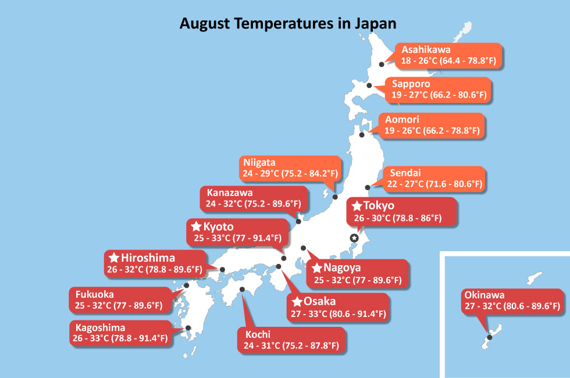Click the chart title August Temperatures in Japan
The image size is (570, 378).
click(288, 24)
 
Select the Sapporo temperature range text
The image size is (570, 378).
click(439, 95)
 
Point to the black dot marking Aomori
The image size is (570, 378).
click(362, 135)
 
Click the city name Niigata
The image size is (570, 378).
click(259, 162)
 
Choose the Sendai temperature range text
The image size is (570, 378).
click(434, 184)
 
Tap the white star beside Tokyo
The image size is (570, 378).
click(357, 206)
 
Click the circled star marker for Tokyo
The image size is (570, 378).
click(354, 238)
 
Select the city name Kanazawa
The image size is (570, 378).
click(230, 192)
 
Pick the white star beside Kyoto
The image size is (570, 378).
click(197, 226)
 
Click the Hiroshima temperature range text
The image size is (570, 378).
click(155, 269)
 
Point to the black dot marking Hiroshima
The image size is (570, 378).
click(222, 270)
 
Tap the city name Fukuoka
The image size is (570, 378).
click(94, 294)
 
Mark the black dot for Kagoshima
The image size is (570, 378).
click(188, 328)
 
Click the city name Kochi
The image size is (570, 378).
click(258, 334)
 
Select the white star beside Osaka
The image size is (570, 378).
click(297, 301)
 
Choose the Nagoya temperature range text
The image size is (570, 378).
click(358, 280)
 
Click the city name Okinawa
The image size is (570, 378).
click(484, 295)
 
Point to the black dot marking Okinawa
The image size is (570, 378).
click(489, 337)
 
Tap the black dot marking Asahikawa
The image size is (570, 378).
click(382, 65)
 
